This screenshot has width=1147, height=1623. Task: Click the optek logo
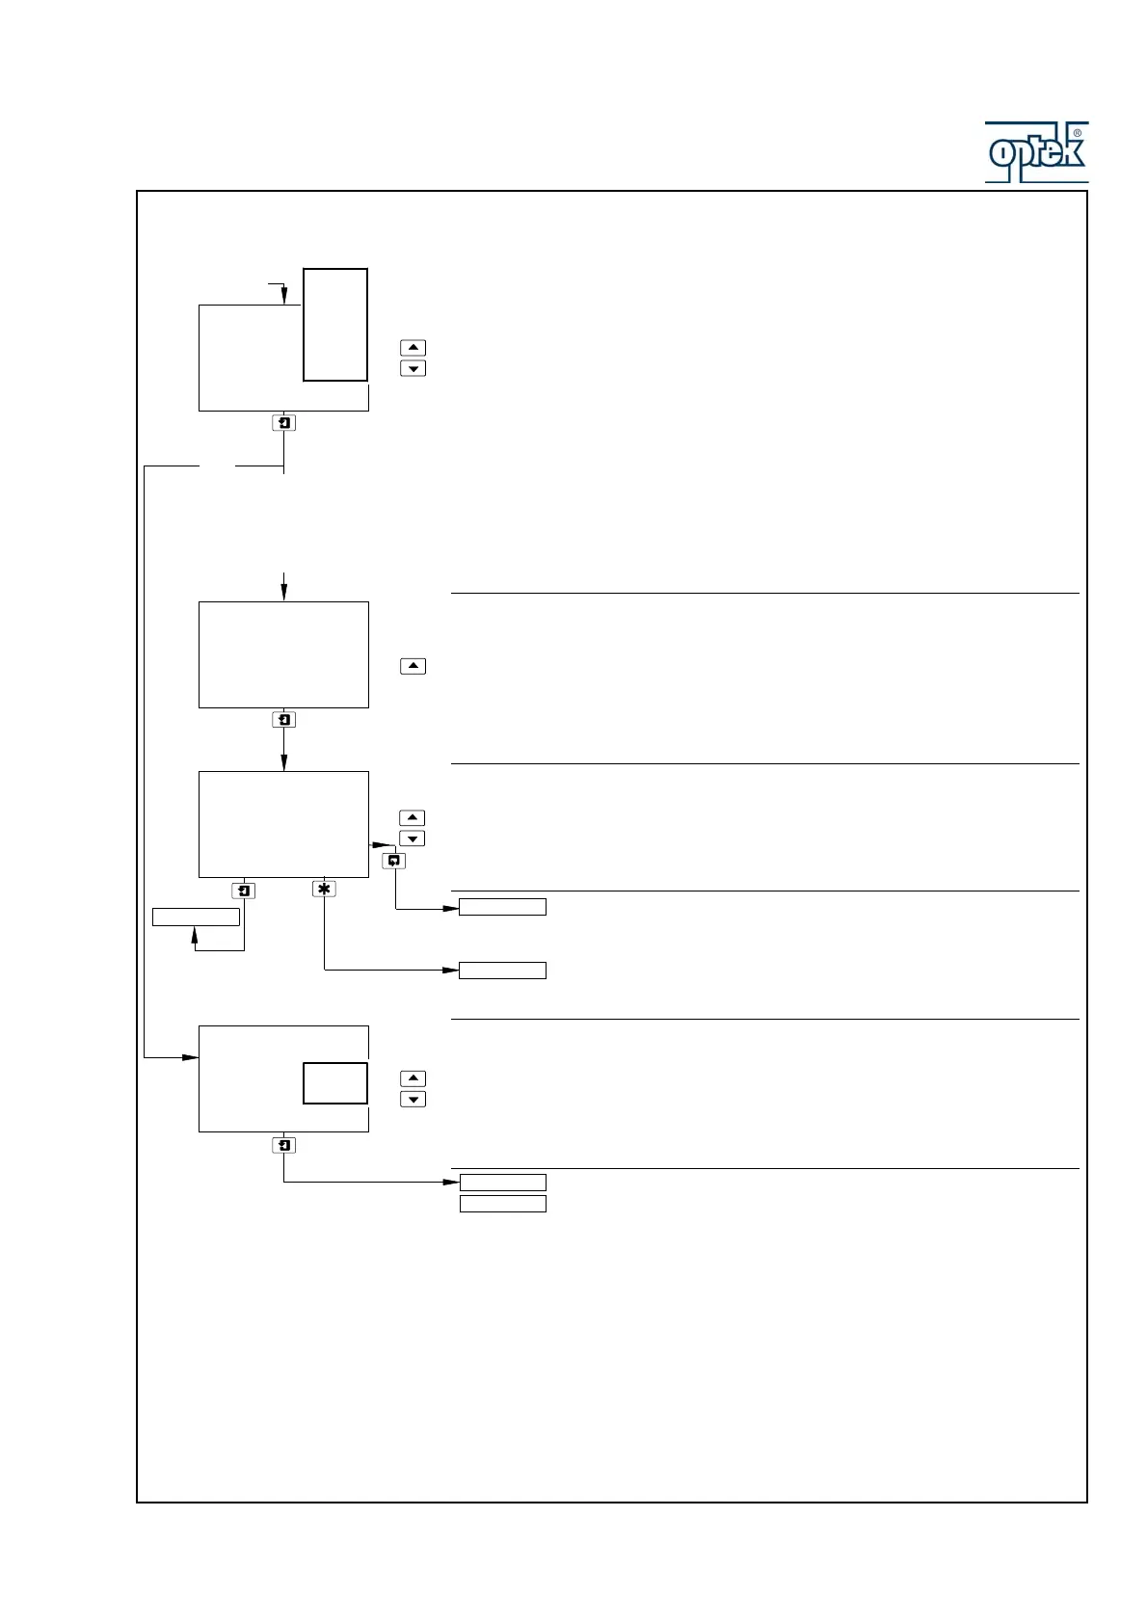click(1036, 152)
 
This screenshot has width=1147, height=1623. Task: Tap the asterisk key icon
click(324, 889)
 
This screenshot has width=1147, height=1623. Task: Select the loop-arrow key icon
click(394, 861)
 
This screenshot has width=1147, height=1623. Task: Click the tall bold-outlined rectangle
click(335, 325)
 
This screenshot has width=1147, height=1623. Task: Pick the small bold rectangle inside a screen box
click(335, 1083)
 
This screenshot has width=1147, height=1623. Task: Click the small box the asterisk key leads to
click(502, 971)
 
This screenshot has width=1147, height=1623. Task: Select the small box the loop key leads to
click(502, 907)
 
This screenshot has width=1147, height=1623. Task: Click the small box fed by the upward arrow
click(196, 917)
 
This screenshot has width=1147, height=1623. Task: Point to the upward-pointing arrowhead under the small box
click(195, 935)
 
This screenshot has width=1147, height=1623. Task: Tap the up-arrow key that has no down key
click(413, 666)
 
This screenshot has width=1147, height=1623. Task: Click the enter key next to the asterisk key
click(244, 891)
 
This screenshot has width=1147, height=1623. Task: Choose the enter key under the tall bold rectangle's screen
click(283, 423)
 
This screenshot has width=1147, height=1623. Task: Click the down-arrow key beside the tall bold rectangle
click(413, 368)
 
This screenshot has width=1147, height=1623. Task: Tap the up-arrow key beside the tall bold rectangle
click(413, 347)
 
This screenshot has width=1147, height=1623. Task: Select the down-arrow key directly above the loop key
click(413, 838)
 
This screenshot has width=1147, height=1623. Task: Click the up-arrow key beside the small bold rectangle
click(413, 1078)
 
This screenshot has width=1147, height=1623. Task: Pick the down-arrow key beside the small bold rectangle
click(413, 1100)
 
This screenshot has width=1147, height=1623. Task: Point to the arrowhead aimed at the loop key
click(378, 844)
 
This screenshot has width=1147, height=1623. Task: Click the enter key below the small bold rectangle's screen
click(283, 1145)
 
